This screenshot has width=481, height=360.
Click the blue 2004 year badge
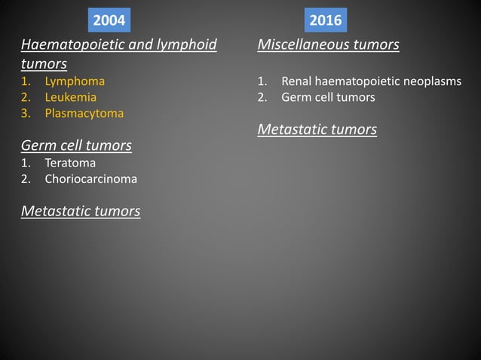pos(109,20)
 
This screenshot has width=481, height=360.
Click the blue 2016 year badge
pos(326,20)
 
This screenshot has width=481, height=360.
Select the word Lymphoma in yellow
pos(75,81)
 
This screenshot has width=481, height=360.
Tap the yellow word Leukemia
pos(70,97)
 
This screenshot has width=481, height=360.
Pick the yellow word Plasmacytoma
pos(84,114)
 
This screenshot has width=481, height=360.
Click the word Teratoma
pos(70,162)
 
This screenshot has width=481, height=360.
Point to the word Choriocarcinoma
pos(90,179)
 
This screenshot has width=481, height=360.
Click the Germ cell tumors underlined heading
pos(76,145)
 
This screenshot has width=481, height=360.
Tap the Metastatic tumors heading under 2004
pos(81,211)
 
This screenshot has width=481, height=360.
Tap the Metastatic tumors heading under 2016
pos(317,130)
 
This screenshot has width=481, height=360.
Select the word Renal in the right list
pos(297,81)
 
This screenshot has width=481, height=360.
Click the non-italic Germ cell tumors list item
pos(328,97)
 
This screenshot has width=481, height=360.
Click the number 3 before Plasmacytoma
pos(25,114)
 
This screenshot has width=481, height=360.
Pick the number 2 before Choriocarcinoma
pos(25,179)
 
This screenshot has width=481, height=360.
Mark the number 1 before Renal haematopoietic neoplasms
pos(261,81)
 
